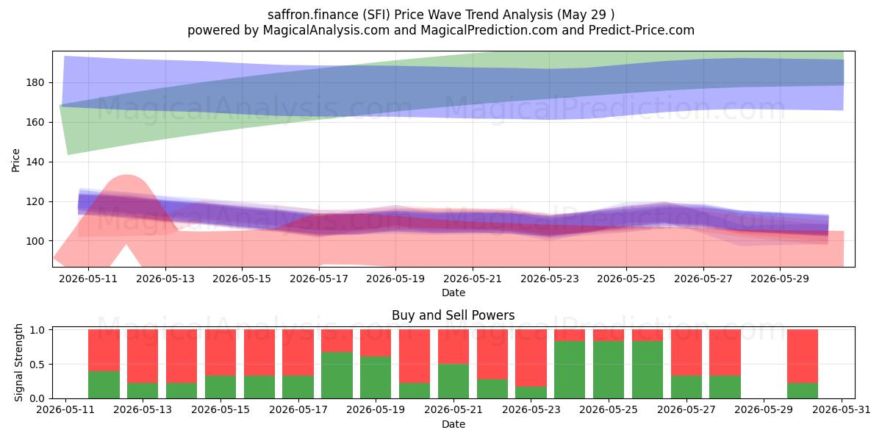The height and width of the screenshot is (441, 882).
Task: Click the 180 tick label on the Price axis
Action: (x=35, y=82)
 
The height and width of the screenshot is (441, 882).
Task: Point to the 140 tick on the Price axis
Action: (x=35, y=162)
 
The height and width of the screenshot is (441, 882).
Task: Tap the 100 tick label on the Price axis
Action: (x=35, y=241)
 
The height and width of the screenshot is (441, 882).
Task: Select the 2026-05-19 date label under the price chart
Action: (x=395, y=279)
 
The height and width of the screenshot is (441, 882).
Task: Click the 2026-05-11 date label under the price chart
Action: (x=88, y=279)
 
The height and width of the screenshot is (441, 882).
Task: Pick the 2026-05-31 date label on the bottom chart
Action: (x=842, y=409)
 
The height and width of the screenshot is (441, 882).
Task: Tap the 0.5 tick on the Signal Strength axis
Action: (x=37, y=365)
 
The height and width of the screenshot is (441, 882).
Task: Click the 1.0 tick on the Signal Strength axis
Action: (x=37, y=329)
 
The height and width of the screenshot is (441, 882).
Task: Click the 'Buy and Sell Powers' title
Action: (x=453, y=315)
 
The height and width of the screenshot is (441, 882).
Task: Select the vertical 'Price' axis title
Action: (x=15, y=160)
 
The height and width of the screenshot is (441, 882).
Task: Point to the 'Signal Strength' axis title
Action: (x=18, y=362)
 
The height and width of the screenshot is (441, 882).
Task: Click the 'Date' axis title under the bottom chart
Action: (x=453, y=424)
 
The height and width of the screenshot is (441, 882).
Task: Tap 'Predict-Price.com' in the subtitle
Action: (x=642, y=30)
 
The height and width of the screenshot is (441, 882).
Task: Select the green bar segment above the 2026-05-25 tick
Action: (x=609, y=370)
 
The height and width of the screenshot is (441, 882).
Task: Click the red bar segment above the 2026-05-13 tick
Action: (x=143, y=356)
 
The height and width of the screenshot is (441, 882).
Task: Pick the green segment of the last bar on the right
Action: (x=803, y=390)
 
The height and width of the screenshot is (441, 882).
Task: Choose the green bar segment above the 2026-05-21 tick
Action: (x=453, y=381)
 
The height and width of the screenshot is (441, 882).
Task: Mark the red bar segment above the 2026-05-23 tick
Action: (x=531, y=358)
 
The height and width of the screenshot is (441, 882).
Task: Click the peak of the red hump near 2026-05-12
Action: (x=126, y=175)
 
